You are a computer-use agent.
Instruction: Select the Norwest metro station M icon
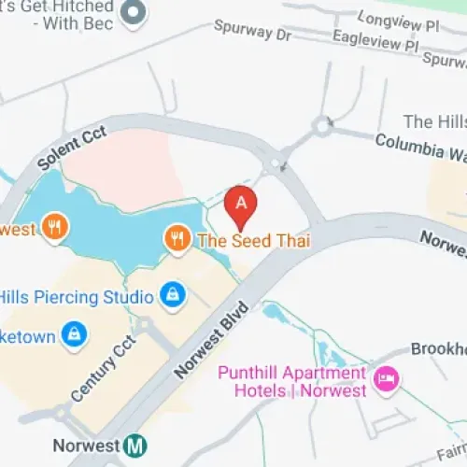pos(136,446)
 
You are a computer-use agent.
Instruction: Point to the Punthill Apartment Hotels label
pos(291,382)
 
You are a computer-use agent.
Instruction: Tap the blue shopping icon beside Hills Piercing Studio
pos(172,296)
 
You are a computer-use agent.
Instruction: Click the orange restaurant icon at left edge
pos(55,227)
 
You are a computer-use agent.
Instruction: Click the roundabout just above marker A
pos(274,165)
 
